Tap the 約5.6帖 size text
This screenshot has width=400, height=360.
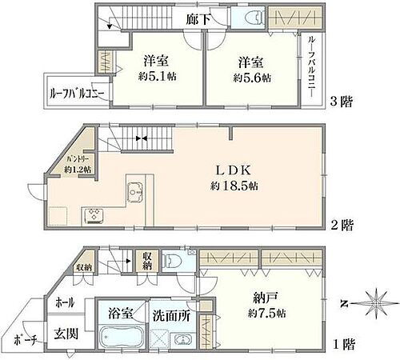point(251,78)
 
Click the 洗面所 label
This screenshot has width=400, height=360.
point(171,314)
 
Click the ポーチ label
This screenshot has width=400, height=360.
point(27,341)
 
